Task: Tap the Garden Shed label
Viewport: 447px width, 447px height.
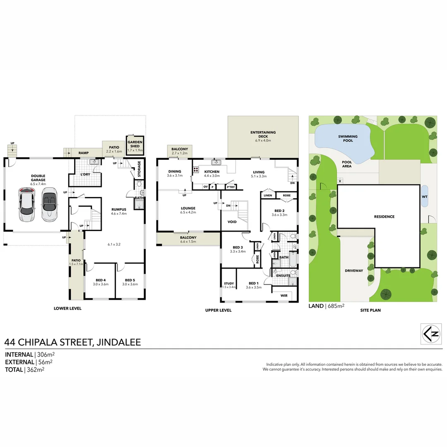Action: click(135, 144)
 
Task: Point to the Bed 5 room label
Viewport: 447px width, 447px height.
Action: click(130, 280)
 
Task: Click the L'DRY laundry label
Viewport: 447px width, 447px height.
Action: click(85, 174)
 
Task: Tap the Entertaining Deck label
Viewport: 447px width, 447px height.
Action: click(263, 134)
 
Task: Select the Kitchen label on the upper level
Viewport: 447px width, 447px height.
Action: click(212, 172)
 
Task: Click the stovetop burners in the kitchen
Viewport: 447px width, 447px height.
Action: click(195, 170)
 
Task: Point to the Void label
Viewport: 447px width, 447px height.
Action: click(232, 222)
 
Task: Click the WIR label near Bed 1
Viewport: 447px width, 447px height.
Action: click(284, 296)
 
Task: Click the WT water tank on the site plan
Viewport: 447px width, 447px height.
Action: click(425, 197)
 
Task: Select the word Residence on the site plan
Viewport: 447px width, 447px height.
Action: click(385, 216)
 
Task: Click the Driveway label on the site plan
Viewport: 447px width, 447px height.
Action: click(354, 271)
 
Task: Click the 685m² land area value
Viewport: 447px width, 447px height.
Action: click(336, 306)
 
